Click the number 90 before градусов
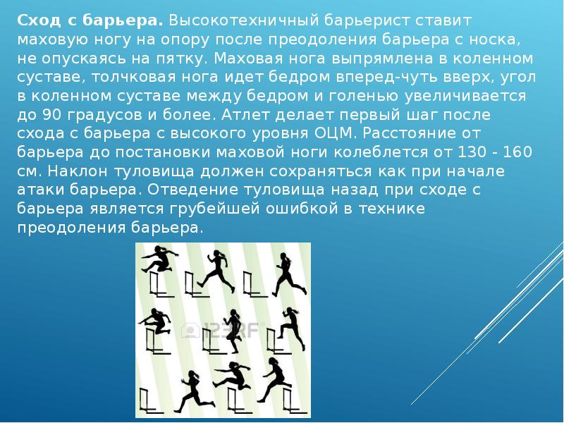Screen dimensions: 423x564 (x=49, y=114)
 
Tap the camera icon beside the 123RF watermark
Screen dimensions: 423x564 (x=190, y=329)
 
